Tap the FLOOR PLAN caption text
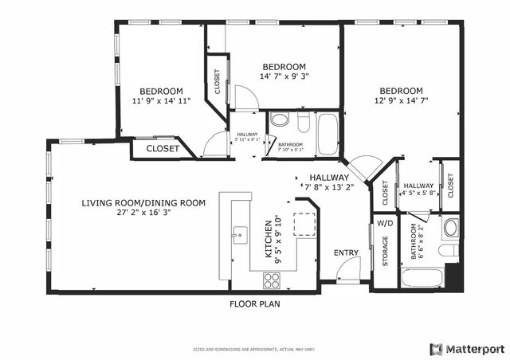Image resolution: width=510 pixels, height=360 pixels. coord(255,303)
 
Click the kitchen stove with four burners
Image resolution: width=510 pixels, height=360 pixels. coord(272,280)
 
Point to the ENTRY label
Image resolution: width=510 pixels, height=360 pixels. coord(346,253)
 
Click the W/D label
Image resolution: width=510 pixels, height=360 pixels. coord(384,223)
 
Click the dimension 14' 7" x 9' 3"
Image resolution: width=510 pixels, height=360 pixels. coord(284,77)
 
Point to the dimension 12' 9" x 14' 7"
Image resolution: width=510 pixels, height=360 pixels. coord(400,101)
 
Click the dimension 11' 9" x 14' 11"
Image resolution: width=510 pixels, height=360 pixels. coord(161,102)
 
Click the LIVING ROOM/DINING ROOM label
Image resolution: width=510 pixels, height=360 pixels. coord(143,203)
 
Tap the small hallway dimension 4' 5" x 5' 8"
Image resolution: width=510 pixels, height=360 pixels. coord(418,193)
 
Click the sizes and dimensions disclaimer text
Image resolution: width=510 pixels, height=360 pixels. coord(254,349)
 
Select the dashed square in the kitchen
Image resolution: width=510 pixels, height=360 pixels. coord(304,225)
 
